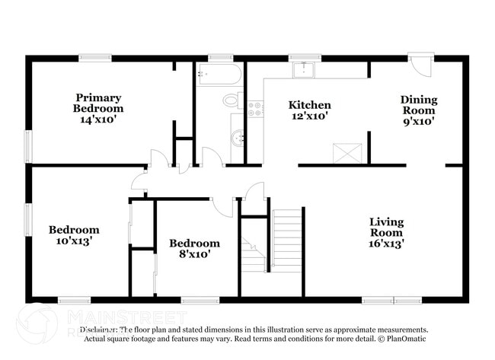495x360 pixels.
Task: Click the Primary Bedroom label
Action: [x=98, y=103]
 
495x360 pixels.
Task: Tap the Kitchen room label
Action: [x=309, y=105]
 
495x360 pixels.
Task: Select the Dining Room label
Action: [x=419, y=105]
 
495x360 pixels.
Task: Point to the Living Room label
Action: [x=387, y=227]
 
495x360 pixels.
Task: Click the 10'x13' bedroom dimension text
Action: [x=74, y=241]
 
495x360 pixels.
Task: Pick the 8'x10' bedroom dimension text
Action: [x=194, y=255]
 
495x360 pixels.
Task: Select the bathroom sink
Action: [x=237, y=138]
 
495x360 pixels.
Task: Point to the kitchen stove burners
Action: [x=255, y=109]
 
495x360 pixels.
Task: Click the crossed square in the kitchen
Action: [x=347, y=152]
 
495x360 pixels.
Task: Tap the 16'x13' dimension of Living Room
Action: [x=387, y=244]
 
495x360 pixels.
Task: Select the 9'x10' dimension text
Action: [x=419, y=122]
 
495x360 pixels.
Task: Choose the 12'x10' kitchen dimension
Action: [x=309, y=117]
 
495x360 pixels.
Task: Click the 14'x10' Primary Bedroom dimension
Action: [x=98, y=120]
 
